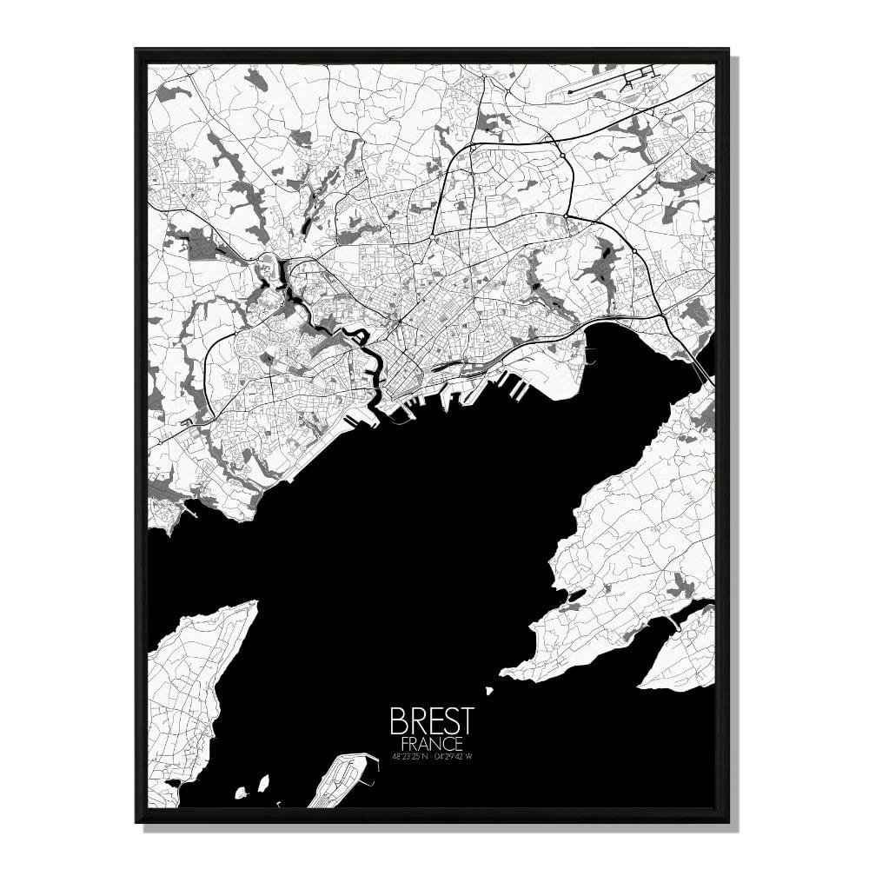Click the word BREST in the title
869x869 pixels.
click(x=432, y=720)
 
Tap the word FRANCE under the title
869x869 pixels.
click(x=432, y=744)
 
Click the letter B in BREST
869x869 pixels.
click(x=399, y=720)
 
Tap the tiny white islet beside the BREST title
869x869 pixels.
click(x=489, y=693)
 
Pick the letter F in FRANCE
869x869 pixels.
click(x=406, y=744)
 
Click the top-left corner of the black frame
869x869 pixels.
click(x=137, y=50)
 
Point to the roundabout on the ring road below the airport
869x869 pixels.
click(x=562, y=156)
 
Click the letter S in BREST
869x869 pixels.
click(x=450, y=720)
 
